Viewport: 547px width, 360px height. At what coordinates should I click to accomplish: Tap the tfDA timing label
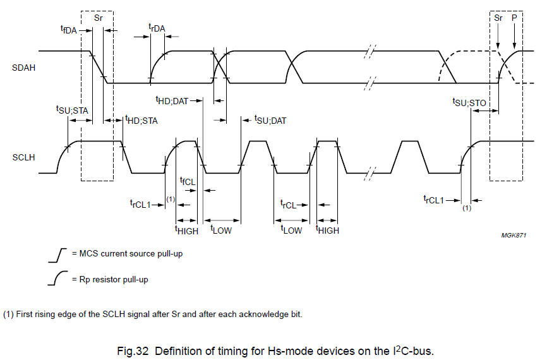68,29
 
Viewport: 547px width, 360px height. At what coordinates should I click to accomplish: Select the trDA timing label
157,28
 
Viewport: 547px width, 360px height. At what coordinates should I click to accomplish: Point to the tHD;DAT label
172,100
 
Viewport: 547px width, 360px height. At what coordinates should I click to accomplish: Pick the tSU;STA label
72,110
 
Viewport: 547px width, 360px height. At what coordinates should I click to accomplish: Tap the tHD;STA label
141,119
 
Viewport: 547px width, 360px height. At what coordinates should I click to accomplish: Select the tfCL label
188,181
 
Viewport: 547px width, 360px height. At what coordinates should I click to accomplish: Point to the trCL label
289,204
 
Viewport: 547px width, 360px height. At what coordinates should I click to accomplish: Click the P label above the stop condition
514,18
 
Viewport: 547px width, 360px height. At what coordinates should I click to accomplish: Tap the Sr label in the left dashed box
98,18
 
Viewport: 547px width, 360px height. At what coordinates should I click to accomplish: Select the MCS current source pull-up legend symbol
57,255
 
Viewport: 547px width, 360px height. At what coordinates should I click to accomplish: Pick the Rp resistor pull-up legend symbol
57,278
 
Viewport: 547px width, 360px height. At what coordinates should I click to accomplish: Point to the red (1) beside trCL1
170,199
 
